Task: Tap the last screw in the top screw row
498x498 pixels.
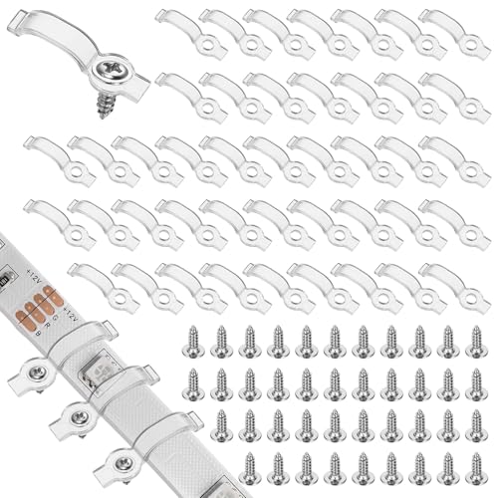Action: [473, 339]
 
